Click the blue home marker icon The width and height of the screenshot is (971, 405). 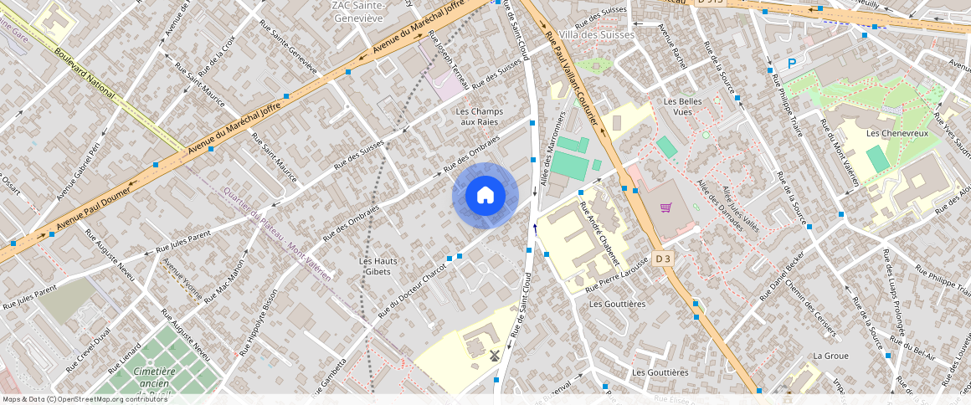pyautogui.click(x=485, y=196)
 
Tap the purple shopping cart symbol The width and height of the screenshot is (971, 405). pyautogui.click(x=666, y=208)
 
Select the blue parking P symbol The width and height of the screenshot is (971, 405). pyautogui.click(x=792, y=64)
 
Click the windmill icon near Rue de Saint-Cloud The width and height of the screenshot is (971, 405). pyautogui.click(x=494, y=355)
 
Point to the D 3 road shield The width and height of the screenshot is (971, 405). pyautogui.click(x=663, y=259)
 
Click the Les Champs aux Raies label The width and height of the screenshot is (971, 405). pyautogui.click(x=476, y=116)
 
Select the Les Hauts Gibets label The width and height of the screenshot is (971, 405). pyautogui.click(x=378, y=266)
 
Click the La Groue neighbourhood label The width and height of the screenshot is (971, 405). pyautogui.click(x=830, y=356)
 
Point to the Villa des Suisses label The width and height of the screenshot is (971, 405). pyautogui.click(x=597, y=35)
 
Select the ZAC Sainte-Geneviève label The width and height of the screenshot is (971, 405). pyautogui.click(x=357, y=12)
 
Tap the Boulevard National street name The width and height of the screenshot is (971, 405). pyautogui.click(x=84, y=73)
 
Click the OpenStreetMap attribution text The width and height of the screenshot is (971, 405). pyautogui.click(x=84, y=399)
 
